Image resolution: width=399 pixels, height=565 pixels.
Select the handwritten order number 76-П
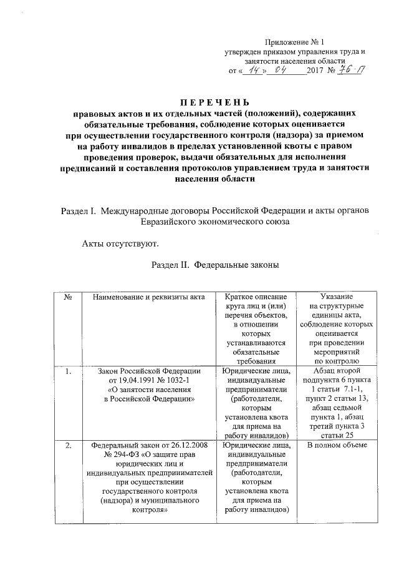(353, 71)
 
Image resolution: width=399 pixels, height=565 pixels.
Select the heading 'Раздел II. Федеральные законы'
(214, 265)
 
